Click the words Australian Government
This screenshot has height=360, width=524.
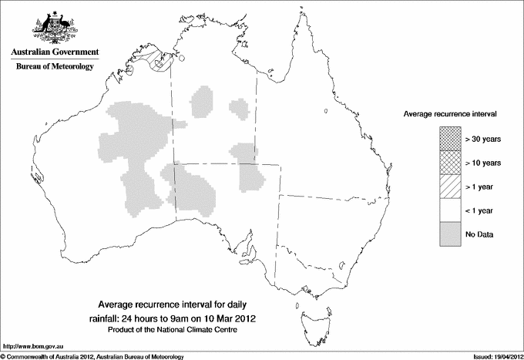[54, 52]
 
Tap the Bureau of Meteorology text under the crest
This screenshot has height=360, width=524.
[55, 67]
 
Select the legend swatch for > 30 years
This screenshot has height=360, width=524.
[449, 139]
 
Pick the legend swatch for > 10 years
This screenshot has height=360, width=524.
[449, 163]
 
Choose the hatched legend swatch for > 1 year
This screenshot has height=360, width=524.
[449, 187]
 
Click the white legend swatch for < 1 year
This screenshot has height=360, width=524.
[449, 210]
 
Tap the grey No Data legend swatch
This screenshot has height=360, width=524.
[449, 234]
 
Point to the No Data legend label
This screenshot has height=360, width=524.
[479, 234]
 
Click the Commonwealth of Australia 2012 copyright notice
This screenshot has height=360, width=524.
[92, 355]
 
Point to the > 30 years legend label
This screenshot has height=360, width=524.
[483, 139]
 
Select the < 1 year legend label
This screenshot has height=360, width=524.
[480, 210]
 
